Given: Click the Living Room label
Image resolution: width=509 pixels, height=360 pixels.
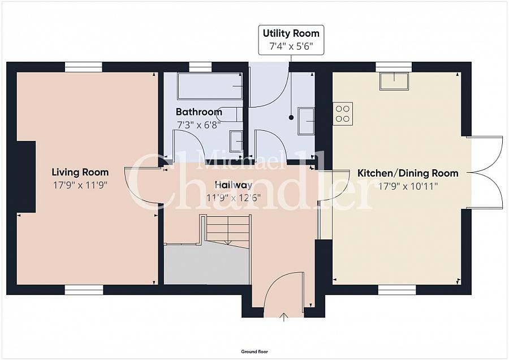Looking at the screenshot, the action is click(80, 172).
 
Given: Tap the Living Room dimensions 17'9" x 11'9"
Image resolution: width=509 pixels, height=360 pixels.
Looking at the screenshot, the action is click(80, 185).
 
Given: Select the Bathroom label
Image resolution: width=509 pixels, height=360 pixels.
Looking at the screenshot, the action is click(199, 112).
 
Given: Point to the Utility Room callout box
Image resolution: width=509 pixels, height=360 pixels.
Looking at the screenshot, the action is click(291, 40).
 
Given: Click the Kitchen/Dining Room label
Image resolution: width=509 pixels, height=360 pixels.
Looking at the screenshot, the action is click(408, 173).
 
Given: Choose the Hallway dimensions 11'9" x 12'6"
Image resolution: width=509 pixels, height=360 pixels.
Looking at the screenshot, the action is click(234, 198).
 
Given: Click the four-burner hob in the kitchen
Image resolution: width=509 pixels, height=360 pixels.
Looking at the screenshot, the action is click(343, 114).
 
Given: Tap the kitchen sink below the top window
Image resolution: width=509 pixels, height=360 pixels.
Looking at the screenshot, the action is click(394, 82).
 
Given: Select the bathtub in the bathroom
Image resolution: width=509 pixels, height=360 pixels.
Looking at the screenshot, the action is click(210, 86).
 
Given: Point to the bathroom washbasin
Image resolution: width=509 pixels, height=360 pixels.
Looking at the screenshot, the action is click(236, 142).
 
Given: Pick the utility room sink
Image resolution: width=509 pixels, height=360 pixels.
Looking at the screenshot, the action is click(306, 121).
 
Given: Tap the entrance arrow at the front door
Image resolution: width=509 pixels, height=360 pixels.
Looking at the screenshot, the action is click(284, 317).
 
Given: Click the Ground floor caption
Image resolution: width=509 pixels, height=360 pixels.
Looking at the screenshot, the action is click(255, 352).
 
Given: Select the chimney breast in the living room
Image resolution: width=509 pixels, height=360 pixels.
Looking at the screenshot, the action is click(26, 177).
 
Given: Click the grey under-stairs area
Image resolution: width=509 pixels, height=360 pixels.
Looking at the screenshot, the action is click(207, 264).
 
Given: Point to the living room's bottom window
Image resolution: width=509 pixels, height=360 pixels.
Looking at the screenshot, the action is click(84, 290).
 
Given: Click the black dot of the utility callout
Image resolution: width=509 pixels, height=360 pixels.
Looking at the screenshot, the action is click(291, 118).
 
